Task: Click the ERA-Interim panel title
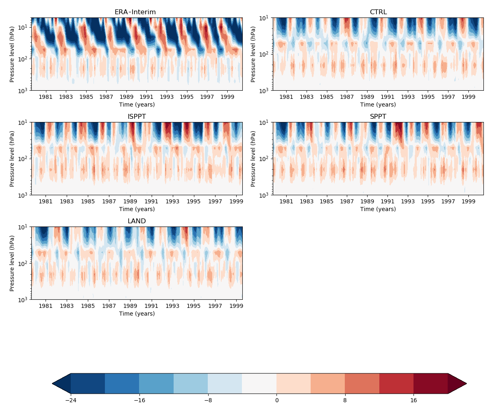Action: point(135,12)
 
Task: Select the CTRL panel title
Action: point(378,12)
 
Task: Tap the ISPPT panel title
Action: point(137,117)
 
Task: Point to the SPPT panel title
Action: point(378,117)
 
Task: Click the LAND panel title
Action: point(137,221)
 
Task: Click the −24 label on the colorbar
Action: point(71,401)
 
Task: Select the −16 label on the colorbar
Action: point(139,401)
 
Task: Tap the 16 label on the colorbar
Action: point(413,401)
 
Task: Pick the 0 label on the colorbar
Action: point(276,401)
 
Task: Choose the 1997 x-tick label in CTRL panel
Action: point(448,97)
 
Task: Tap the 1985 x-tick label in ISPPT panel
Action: point(88,202)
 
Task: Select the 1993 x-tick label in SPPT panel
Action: point(408,202)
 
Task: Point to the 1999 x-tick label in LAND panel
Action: point(237,306)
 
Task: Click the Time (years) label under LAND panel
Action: point(137,314)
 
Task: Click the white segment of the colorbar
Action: point(259,384)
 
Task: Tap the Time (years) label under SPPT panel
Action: point(378,209)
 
